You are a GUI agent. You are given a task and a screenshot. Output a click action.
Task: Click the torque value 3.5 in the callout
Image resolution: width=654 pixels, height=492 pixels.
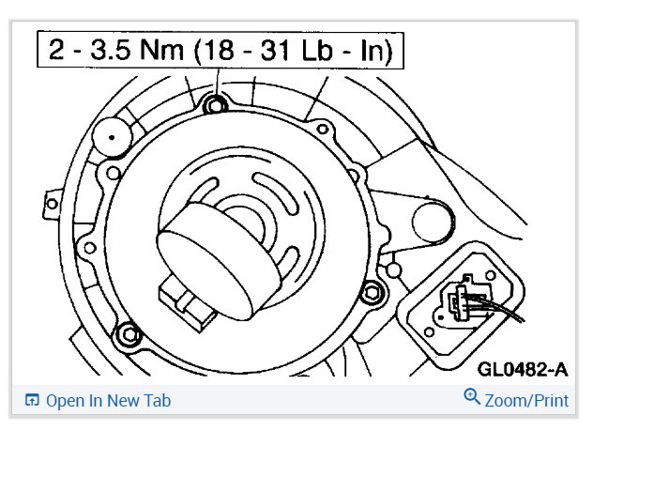[x=110, y=50]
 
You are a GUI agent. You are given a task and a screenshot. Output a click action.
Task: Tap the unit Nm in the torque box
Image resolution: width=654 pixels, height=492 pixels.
[x=162, y=50]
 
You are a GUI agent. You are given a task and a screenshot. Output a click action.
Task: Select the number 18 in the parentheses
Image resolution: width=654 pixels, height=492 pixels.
[x=219, y=50]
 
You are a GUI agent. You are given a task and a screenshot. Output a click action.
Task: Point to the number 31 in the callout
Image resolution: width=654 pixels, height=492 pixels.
[x=276, y=50]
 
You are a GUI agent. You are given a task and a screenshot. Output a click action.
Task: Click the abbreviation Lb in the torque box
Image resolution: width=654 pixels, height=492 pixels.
[x=317, y=50]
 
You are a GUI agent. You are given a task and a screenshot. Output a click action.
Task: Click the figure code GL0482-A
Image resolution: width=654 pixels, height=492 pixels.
[x=523, y=369]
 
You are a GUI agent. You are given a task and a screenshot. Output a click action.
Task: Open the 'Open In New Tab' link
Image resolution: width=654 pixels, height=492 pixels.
[x=109, y=401]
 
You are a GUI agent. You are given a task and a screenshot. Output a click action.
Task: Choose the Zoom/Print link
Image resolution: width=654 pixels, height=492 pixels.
[x=526, y=401]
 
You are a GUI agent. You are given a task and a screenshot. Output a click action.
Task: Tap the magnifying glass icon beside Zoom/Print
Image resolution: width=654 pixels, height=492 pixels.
[x=472, y=396]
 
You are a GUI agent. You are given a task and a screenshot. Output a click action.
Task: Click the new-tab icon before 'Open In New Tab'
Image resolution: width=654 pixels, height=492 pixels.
[x=32, y=400]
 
